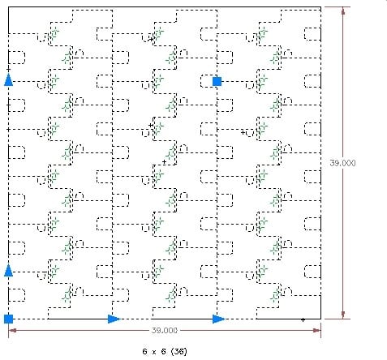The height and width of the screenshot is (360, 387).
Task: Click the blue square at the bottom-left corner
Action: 8,319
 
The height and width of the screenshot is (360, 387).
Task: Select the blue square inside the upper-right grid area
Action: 217,81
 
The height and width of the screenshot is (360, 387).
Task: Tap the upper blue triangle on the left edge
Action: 9,80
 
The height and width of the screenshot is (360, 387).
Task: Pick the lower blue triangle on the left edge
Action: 9,271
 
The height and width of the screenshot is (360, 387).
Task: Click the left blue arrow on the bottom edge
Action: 114,319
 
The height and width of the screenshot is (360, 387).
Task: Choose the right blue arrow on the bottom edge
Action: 218,319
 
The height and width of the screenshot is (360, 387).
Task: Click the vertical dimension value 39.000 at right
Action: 342,163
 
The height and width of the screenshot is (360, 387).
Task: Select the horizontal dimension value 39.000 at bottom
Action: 165,330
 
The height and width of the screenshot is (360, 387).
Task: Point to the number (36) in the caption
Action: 179,351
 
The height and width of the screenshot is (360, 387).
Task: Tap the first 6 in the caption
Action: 144,351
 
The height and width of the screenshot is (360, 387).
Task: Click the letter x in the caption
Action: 153,352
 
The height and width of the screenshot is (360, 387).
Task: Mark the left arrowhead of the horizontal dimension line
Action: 12,330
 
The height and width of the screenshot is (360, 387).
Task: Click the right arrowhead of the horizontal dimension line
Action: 317,330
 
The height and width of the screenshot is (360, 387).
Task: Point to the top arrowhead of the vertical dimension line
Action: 343,11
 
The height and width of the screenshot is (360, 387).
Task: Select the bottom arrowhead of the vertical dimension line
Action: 343,315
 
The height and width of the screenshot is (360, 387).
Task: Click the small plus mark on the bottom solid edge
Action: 303,319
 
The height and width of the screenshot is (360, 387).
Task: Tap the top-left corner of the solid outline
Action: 8,7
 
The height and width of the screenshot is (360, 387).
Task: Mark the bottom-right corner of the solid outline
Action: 320,319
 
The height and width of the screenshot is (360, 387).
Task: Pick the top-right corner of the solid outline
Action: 320,7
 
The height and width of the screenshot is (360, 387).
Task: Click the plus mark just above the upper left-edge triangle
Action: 9,70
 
